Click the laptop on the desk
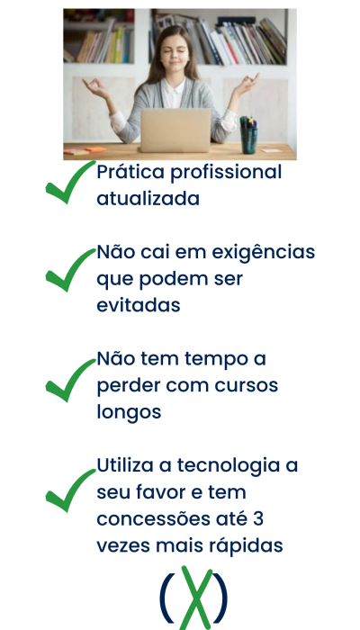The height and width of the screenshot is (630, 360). (175, 130)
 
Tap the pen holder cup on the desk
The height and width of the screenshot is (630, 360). (248, 135)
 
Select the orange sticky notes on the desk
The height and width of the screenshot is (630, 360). (95, 150)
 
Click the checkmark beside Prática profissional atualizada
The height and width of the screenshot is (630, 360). (71, 182)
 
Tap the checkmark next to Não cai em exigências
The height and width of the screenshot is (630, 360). (71, 270)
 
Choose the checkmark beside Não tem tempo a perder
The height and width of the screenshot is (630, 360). (71, 380)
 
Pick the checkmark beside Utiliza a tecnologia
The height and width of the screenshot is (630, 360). (71, 490)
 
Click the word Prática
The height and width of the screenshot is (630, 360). (130, 173)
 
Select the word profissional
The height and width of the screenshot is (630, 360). (226, 173)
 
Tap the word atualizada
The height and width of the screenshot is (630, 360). (148, 199)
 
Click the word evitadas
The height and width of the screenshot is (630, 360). (139, 305)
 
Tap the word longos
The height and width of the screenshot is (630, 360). (129, 413)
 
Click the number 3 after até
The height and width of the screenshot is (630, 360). (258, 519)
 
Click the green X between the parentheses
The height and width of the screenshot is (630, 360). (195, 598)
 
